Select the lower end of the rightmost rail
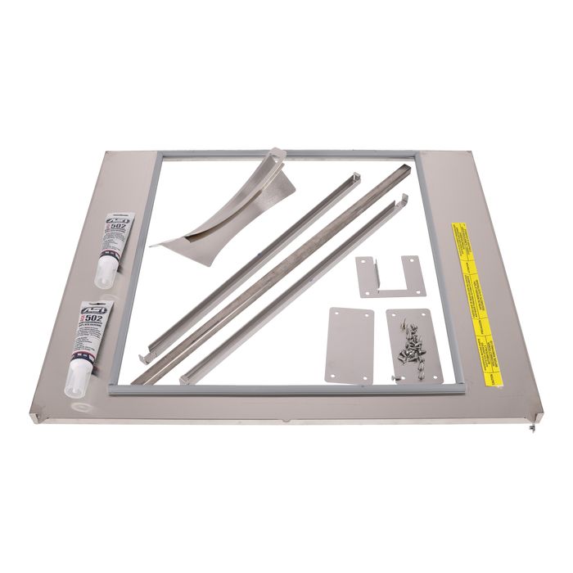coord(185,374)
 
